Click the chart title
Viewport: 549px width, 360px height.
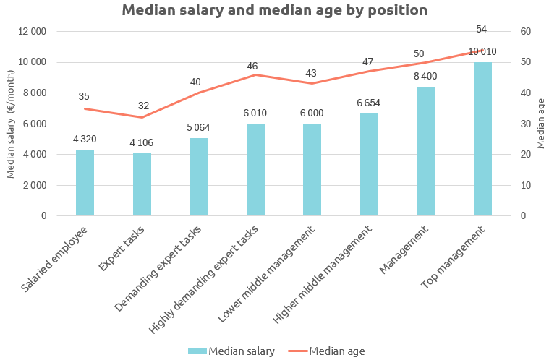click(274, 11)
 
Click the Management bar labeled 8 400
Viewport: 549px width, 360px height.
click(426, 151)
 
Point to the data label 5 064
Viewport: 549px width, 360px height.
click(198, 128)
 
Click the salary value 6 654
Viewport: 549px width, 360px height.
click(368, 103)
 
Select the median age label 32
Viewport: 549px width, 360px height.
click(143, 106)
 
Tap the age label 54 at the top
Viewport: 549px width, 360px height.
click(482, 30)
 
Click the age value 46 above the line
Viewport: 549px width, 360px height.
click(252, 67)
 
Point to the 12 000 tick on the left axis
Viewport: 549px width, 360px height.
click(32, 32)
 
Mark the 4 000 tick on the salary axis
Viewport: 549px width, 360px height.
click(34, 155)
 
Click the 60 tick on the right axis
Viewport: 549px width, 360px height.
click(525, 32)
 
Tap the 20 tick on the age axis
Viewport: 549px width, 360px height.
click(525, 155)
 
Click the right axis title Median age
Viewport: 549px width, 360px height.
click(541, 124)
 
